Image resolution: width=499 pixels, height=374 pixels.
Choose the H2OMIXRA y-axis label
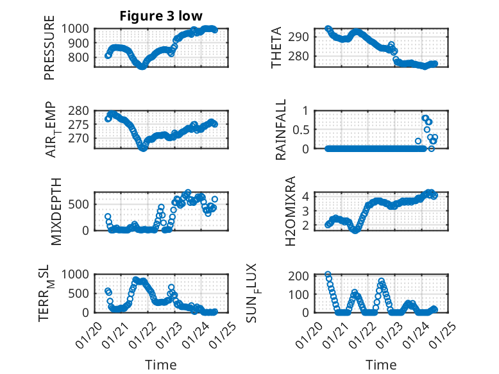click(290, 211)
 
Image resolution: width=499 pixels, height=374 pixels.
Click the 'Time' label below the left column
click(160, 364)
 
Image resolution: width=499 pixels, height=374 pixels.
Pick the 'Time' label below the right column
click(381, 364)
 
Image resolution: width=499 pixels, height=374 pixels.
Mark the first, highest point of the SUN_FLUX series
click(328, 275)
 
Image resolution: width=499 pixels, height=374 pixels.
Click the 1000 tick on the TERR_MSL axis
click(78, 275)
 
